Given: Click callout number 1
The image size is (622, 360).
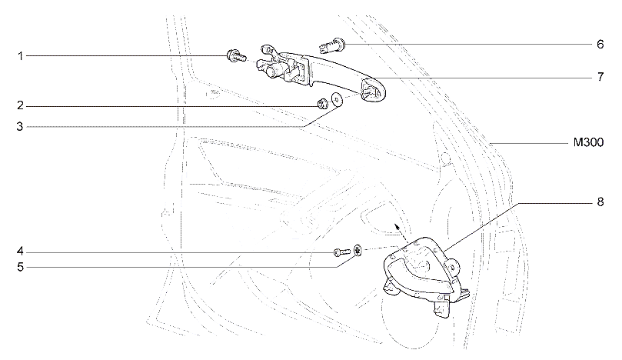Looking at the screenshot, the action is point(20,56).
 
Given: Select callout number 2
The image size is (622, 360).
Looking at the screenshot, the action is point(20,106).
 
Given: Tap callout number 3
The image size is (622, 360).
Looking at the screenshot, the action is point(20,127).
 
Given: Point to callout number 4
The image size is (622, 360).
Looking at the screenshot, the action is point(20,252).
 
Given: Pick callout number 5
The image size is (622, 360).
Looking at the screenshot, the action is point(20,267).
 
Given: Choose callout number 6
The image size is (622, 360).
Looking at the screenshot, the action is point(600,44).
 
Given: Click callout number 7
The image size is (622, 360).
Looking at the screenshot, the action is point(600,77).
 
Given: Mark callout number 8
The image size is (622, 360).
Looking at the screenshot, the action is point(600,202).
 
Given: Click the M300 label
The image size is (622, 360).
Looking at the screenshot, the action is point(589,142).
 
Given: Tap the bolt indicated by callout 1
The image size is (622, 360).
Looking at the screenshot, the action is point(236,56).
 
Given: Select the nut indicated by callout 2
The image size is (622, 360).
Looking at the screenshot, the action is point(322,104).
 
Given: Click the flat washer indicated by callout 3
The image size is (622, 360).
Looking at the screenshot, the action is point(337,99).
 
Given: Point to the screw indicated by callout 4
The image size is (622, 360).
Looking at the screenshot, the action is point(341,252).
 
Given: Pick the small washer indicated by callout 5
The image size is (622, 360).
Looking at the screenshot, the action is point(358,251).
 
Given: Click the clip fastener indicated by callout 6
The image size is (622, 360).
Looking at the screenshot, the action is point(332,45).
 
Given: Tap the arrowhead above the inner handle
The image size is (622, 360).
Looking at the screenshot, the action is point(396,227).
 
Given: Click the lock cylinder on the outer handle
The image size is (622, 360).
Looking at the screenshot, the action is point(271,72).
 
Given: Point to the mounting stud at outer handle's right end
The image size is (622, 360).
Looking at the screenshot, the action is point(368,91).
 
